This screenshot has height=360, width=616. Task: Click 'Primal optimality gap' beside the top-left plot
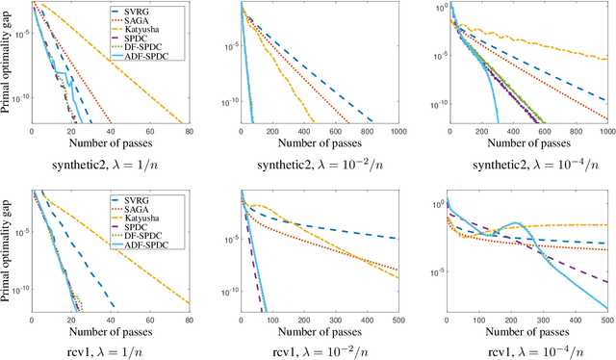tap(8, 65)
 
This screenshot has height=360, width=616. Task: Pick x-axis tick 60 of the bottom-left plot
tap(149, 321)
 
